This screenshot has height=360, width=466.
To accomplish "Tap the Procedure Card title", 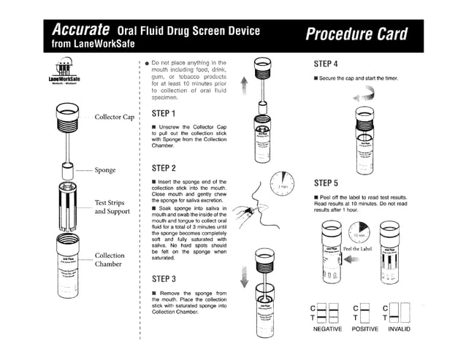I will click(x=356, y=34).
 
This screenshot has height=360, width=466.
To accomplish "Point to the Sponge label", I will click(x=105, y=170).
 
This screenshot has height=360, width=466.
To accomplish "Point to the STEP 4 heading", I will click(x=325, y=64).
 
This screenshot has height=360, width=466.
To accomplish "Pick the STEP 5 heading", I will click(x=325, y=183).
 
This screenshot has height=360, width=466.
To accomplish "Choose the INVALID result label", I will click(x=405, y=329).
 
